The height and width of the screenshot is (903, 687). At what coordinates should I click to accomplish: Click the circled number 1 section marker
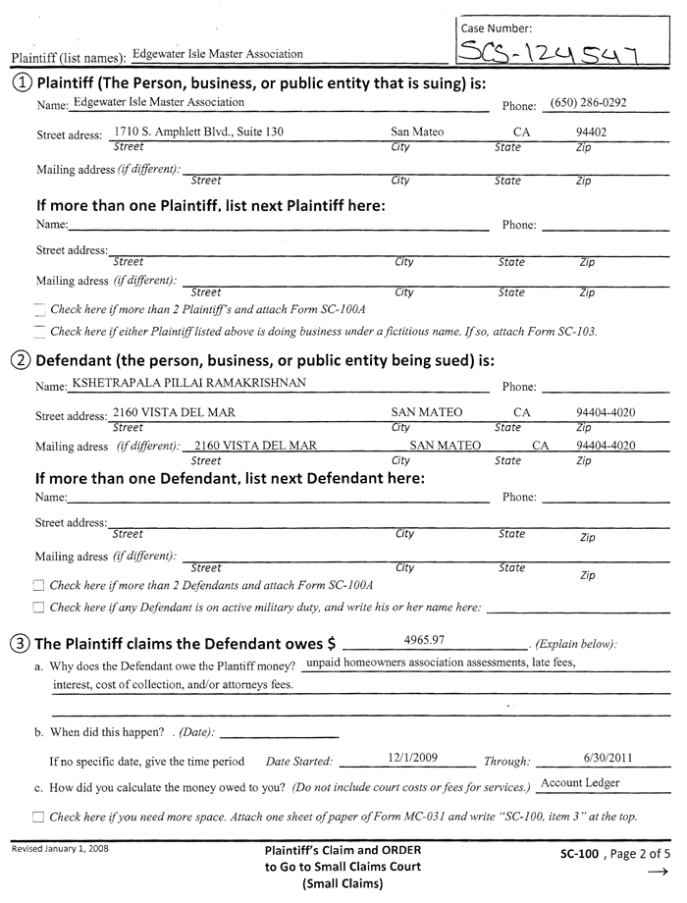(21, 81)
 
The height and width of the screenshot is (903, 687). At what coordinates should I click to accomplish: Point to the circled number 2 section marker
(21, 359)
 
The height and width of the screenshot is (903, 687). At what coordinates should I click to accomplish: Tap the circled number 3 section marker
(21, 644)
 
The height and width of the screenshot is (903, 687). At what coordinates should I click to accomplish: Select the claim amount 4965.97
(424, 641)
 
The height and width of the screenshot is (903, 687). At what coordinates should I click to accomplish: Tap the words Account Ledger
(580, 782)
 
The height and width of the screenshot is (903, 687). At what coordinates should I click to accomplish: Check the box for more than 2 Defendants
(39, 585)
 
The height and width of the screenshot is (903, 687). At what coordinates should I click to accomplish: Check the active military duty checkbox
(39, 608)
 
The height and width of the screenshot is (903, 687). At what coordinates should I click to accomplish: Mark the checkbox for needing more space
(39, 816)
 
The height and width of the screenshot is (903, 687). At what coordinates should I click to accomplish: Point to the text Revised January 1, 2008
(60, 847)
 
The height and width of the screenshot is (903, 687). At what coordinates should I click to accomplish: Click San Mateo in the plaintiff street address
(417, 132)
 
